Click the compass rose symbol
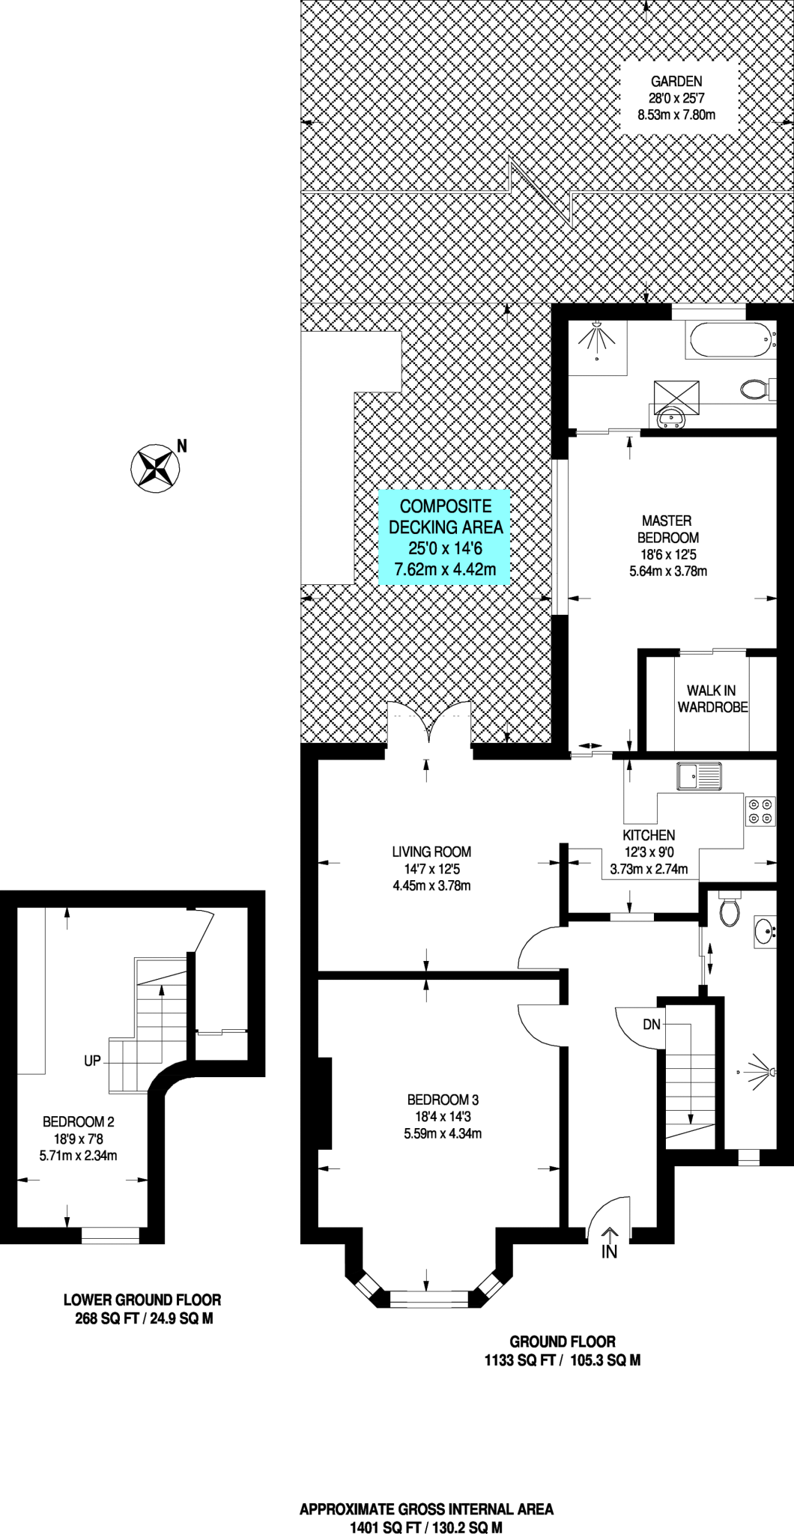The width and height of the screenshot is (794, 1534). [x=155, y=468]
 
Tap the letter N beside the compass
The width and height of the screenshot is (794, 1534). [x=181, y=446]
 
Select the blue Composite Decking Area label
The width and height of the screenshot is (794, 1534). [x=445, y=537]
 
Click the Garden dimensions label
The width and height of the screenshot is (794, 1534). [x=676, y=98]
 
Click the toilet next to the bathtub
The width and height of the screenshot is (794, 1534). [x=754, y=389]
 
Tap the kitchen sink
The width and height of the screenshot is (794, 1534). [x=699, y=776]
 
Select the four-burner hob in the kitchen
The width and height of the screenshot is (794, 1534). [x=760, y=810]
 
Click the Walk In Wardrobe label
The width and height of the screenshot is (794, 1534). [x=712, y=699]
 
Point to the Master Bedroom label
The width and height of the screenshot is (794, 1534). [x=667, y=529]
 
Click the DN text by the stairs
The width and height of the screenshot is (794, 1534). [x=652, y=1024]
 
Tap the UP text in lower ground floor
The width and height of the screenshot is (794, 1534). [x=92, y=1061]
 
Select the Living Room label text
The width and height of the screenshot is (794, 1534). [x=431, y=852]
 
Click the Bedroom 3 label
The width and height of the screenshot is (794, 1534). [x=443, y=1100]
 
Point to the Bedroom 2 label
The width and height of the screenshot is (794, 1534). [x=79, y=1121]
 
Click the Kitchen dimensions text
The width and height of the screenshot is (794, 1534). [x=649, y=861]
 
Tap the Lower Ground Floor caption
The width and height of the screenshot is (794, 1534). [x=142, y=1301]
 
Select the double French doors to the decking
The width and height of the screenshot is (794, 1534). [x=429, y=725]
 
